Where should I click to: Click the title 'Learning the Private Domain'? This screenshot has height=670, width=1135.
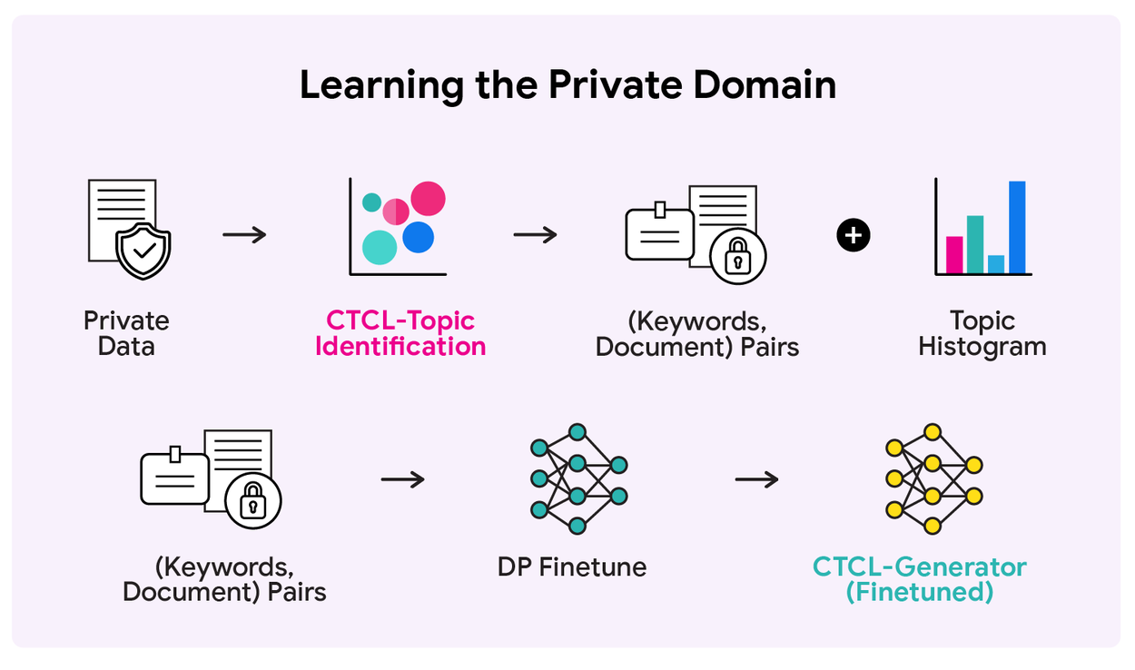567,85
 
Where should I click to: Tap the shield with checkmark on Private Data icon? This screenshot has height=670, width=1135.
143,250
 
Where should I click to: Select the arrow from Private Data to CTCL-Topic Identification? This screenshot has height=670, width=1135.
244,235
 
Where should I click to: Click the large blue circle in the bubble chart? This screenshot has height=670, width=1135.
419,238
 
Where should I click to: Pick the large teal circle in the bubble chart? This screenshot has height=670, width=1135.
380,247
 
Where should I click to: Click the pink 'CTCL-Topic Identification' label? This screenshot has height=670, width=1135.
400,333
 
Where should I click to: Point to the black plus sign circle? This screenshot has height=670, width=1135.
853,236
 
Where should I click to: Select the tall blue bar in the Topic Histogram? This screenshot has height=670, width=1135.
1017,227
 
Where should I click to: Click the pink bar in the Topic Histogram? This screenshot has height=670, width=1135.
954,254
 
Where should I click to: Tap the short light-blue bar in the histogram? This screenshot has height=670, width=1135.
996,264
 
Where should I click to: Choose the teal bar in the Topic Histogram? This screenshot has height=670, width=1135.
975,244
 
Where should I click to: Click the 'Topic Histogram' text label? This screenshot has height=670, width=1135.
982,333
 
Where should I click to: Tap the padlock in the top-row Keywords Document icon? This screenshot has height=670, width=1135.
738,257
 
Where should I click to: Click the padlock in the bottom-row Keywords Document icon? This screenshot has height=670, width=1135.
252,500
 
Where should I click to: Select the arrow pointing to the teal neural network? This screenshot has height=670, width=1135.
403,478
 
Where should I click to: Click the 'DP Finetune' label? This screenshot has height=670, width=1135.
572,567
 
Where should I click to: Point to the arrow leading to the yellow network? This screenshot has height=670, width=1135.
756,478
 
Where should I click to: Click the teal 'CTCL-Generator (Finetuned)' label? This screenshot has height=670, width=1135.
919,579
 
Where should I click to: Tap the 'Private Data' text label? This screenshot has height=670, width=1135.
126,333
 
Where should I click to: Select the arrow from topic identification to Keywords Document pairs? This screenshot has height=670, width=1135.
535,235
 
